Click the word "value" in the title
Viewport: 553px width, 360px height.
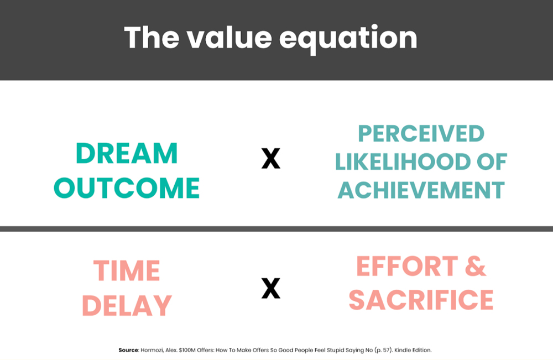pyautogui.click(x=229, y=38)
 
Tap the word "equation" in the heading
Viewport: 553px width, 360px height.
pyautogui.click(x=348, y=40)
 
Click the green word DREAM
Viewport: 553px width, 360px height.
pyautogui.click(x=127, y=153)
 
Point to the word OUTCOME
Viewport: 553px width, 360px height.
pyautogui.click(x=127, y=187)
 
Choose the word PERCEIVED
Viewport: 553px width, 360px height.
pyautogui.click(x=421, y=133)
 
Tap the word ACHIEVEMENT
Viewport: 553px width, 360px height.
pyautogui.click(x=421, y=190)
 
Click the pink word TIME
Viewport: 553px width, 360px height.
pyautogui.click(x=127, y=270)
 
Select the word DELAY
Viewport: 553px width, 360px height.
pyautogui.click(x=127, y=305)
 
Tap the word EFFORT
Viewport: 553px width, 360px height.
pyautogui.click(x=407, y=266)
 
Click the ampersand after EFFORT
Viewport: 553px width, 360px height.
pyautogui.click(x=476, y=266)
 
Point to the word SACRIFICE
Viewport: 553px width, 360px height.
pyautogui.click(x=421, y=300)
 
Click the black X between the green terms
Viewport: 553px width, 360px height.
pyautogui.click(x=271, y=158)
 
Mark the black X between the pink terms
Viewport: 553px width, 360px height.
pyautogui.click(x=271, y=289)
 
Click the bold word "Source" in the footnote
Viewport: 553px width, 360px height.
pyautogui.click(x=128, y=350)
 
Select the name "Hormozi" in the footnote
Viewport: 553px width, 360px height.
pyautogui.click(x=152, y=350)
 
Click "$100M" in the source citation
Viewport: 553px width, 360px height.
pyautogui.click(x=187, y=350)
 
